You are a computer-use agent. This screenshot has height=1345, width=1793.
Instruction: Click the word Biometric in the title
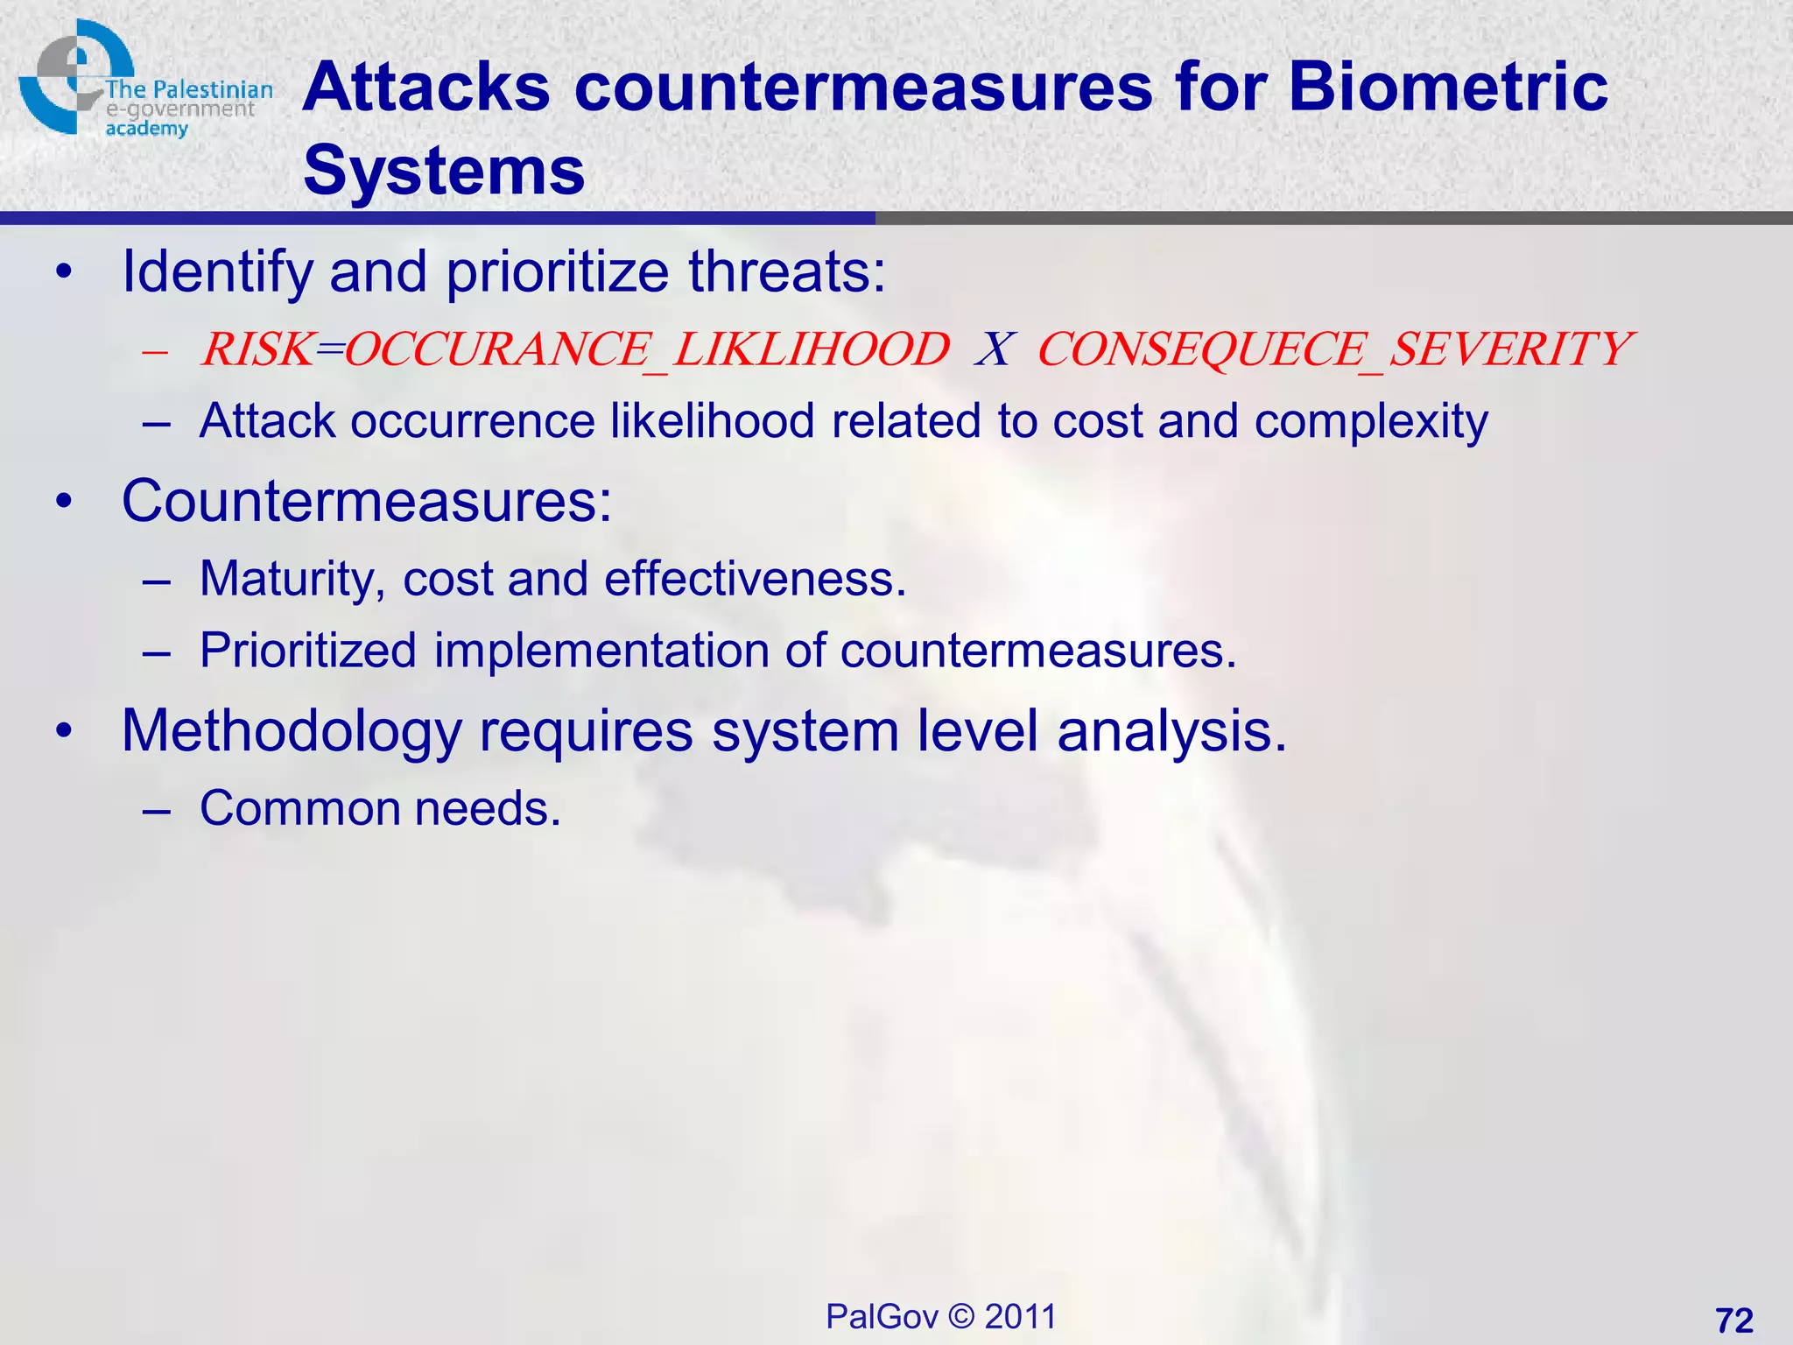pos(1448,88)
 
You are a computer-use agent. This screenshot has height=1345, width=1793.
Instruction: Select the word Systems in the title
pos(444,170)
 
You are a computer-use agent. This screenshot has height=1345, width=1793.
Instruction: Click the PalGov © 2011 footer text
pos(941,1316)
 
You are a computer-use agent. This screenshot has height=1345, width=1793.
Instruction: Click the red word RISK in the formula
pos(257,349)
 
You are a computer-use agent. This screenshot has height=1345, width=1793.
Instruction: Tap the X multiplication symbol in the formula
pos(994,349)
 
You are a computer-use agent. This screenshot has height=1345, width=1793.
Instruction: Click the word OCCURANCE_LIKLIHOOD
pos(647,349)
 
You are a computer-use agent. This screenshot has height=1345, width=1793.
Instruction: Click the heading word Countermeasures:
pos(367,501)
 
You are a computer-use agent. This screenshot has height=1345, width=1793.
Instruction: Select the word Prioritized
pos(308,651)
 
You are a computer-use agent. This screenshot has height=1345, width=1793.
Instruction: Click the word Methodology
pos(292,731)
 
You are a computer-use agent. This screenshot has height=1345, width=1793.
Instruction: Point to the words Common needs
pos(380,808)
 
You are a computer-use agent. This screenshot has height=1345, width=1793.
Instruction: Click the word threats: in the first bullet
pos(787,271)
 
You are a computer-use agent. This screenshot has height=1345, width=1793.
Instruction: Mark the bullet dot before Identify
pos(64,272)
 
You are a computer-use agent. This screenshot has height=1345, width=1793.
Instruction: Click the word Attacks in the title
pos(426,88)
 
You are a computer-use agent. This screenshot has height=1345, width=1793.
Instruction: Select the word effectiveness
pos(755,580)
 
